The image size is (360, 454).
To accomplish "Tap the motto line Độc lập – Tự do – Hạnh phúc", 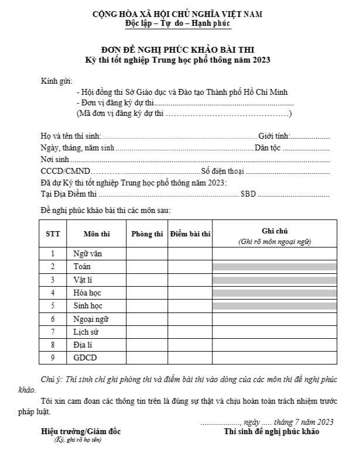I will [x=178, y=23].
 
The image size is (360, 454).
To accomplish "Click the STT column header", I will [x=53, y=234].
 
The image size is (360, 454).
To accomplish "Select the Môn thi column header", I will [x=96, y=234].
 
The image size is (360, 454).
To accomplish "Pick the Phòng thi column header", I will [x=147, y=234].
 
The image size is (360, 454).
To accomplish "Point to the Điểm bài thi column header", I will [x=190, y=234].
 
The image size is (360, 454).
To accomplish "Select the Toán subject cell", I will [x=81, y=267].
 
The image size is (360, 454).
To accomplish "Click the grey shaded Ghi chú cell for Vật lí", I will [x=274, y=280].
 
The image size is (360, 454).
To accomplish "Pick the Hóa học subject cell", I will [x=87, y=293].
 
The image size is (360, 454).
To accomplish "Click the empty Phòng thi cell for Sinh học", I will [x=147, y=306].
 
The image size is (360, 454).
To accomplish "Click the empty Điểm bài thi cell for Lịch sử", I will [x=190, y=332].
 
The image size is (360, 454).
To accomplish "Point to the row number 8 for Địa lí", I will [x=53, y=345].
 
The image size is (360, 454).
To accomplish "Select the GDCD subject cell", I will [x=85, y=358].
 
